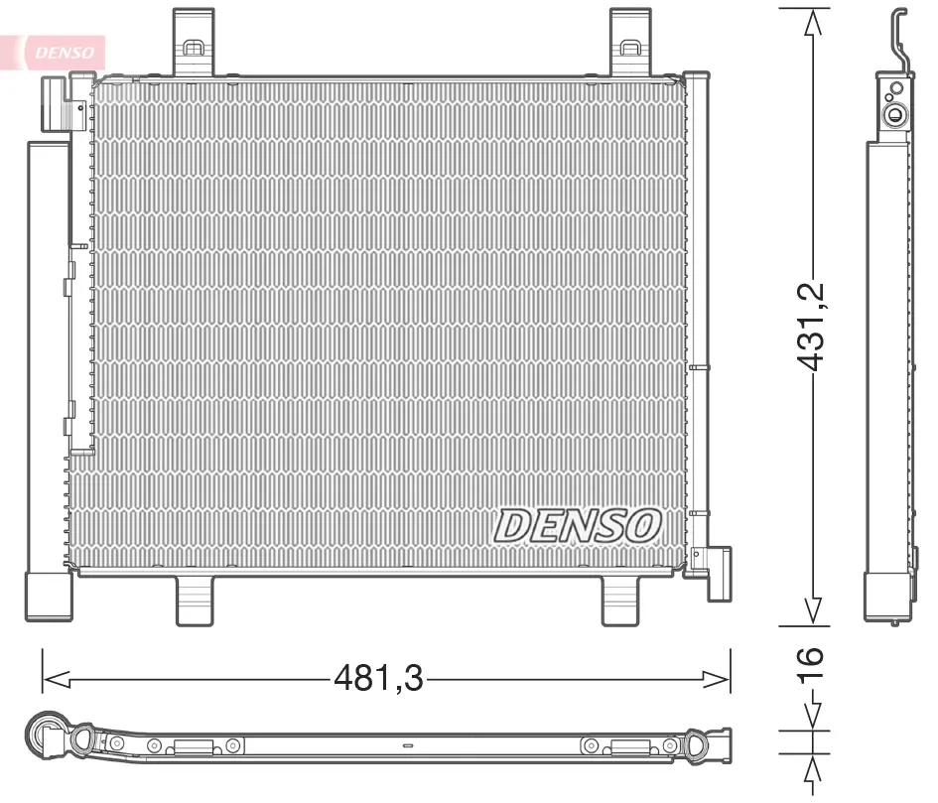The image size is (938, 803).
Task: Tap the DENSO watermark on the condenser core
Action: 578,526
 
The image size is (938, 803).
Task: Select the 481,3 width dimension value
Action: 378,679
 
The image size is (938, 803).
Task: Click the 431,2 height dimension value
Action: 811,327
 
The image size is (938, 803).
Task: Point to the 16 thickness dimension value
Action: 811,663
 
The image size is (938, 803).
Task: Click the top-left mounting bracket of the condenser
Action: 194,42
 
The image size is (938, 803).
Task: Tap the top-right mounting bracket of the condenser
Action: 630,42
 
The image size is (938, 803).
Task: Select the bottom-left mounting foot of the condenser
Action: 195,601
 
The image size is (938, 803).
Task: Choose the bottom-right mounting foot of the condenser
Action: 620,601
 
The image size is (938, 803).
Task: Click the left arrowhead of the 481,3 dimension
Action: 57,679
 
